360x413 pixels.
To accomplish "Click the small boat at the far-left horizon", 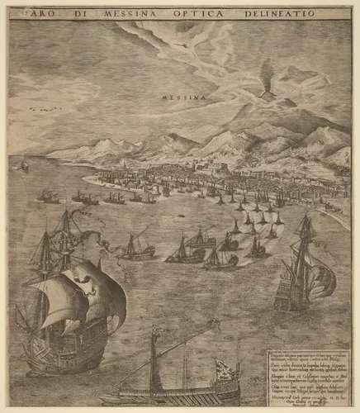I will (x=24, y=167).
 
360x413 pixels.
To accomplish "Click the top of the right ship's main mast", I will (x=305, y=217).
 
